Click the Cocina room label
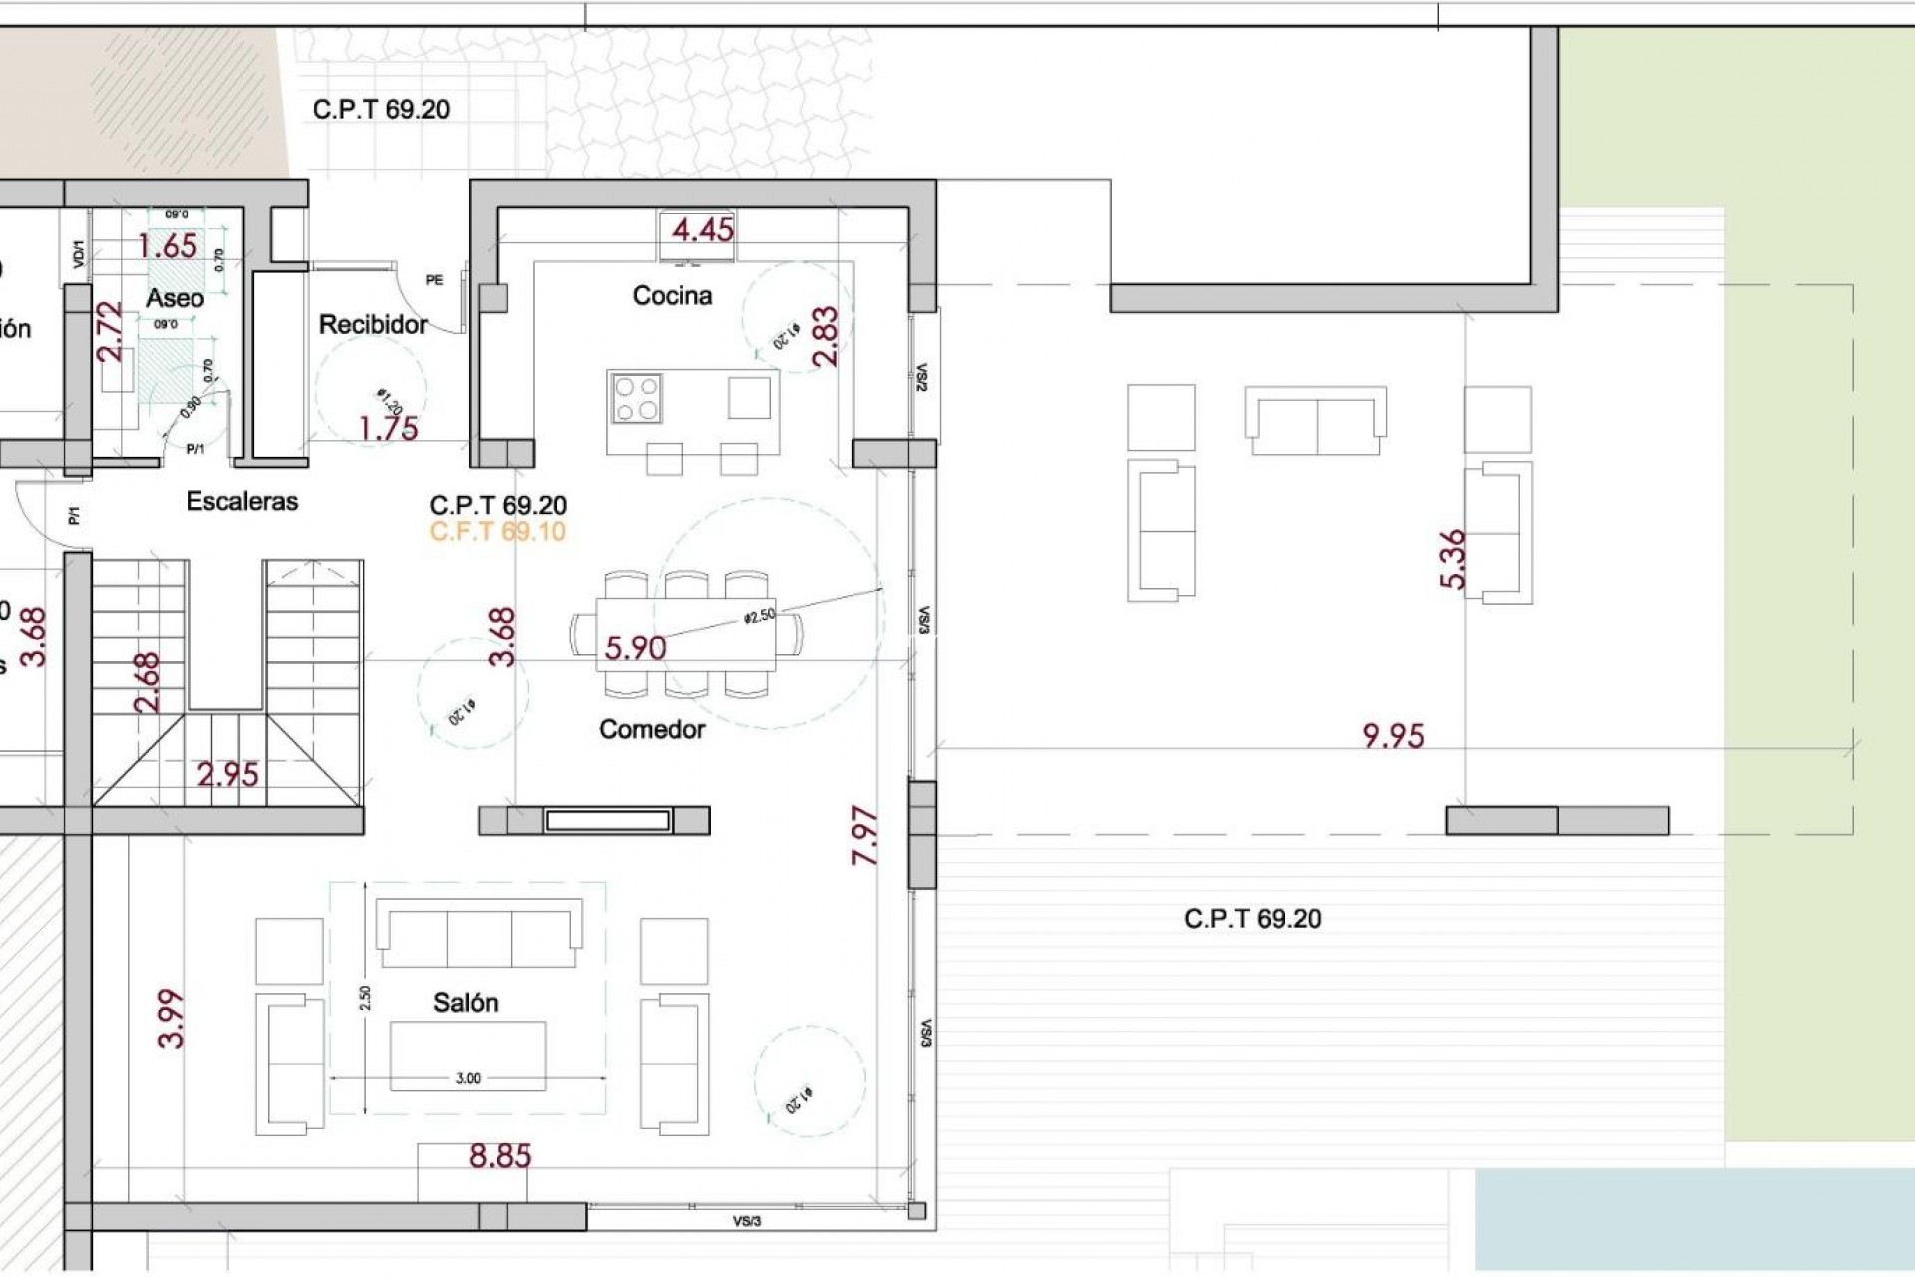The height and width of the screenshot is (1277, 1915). click(x=672, y=295)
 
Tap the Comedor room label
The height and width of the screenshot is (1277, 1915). click(x=652, y=729)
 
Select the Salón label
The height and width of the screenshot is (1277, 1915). click(x=465, y=1002)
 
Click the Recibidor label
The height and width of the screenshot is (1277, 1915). click(x=373, y=324)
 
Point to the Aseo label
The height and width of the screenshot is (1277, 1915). click(x=175, y=297)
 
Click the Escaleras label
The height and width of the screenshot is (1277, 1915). click(x=242, y=501)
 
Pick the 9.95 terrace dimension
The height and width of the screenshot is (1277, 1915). click(x=1393, y=736)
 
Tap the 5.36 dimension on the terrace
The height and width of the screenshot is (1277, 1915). click(x=1454, y=558)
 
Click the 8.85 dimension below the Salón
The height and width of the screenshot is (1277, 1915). click(x=500, y=1156)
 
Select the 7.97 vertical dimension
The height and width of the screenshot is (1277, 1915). click(x=864, y=835)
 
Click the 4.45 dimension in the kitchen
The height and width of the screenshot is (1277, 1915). click(x=702, y=230)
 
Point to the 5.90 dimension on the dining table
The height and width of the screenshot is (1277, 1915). click(x=635, y=648)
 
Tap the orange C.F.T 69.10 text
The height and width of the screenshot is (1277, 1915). click(x=497, y=531)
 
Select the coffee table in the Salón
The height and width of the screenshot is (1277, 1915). click(x=468, y=1056)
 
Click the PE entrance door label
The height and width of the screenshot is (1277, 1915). click(x=434, y=280)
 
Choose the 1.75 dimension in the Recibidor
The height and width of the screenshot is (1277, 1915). click(x=388, y=428)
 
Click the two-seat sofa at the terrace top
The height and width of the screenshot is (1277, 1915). click(x=1316, y=421)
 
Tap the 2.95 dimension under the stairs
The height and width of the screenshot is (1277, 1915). click(x=227, y=774)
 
